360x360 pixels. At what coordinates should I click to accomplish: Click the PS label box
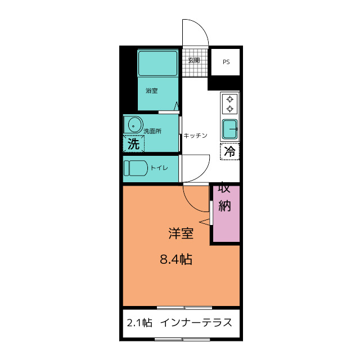226,62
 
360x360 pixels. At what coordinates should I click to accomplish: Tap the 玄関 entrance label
194,60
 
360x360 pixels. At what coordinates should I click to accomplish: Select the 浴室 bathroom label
151,91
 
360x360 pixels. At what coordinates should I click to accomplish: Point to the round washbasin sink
133,124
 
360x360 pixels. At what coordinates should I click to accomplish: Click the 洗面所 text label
152,131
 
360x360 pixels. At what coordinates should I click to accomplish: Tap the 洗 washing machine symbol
133,143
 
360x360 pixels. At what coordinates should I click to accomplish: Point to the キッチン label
196,136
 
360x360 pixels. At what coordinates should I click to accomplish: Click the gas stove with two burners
229,105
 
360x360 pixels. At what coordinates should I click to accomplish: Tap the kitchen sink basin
230,129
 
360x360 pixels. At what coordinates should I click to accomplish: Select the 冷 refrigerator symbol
230,151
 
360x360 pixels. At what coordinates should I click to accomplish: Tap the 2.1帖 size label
138,323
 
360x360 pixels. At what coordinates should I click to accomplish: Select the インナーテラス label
196,323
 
